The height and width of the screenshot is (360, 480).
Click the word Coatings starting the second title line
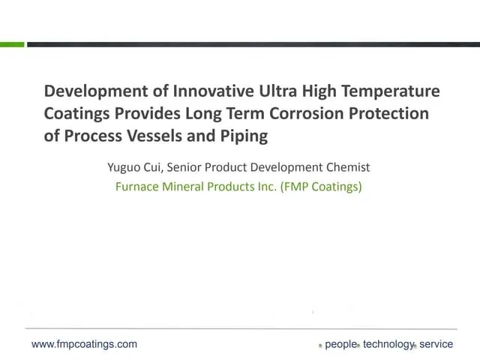pos(77,115)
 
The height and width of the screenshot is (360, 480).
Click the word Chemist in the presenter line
pos(348,168)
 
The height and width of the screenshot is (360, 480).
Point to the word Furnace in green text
pos(136,187)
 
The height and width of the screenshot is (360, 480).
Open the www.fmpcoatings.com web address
pos(84,344)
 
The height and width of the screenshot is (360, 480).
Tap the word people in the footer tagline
pos(340,344)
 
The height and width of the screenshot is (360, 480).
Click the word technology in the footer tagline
pos(388,344)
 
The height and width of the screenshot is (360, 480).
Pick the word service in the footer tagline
pos(436,344)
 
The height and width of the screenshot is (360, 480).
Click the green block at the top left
pos(12,45)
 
